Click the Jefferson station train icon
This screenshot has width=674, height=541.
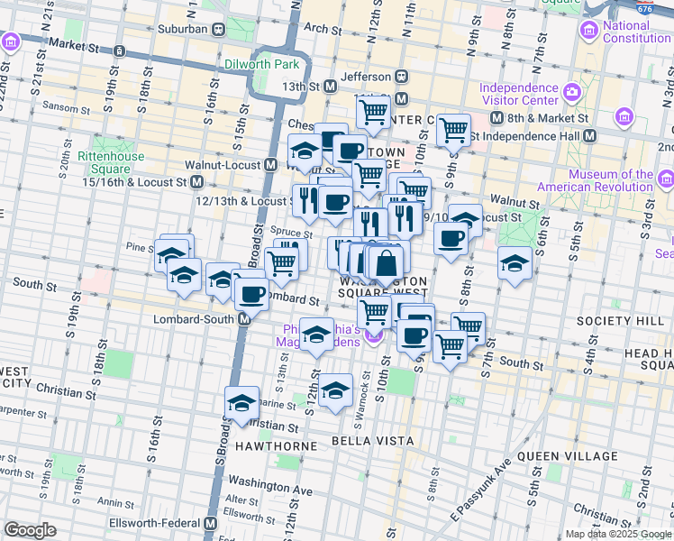point(402,78)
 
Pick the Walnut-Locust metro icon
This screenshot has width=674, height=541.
point(270,165)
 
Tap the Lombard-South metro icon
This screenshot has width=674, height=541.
point(243,319)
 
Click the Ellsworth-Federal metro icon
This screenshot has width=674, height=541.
point(211,523)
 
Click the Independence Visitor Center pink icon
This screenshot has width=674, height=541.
point(570,92)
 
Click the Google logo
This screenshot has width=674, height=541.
point(30,530)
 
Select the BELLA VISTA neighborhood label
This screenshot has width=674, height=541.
point(372,441)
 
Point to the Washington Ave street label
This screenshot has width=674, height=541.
point(269,490)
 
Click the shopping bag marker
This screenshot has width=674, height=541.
point(385,264)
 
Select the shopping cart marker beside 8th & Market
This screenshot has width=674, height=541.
point(453,129)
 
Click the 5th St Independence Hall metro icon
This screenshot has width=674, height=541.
point(590,135)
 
